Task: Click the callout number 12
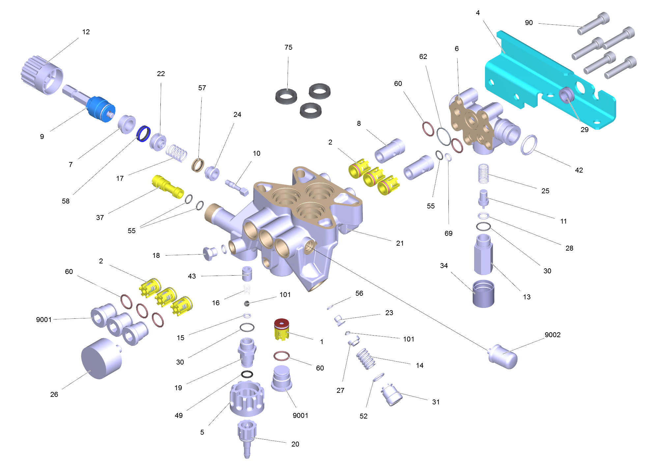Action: [86, 32]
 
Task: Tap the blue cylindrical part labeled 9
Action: [101, 109]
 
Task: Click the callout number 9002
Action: [553, 335]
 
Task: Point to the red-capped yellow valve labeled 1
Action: [281, 329]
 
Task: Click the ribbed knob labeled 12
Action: [42, 75]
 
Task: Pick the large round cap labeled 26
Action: [101, 359]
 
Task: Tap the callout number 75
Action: [288, 47]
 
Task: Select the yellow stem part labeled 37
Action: [167, 186]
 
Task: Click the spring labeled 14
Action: [366, 359]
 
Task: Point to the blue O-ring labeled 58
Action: [144, 134]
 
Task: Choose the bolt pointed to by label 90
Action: [593, 23]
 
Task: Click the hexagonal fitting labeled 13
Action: [483, 254]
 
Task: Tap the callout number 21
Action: [400, 243]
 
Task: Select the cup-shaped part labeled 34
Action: [483, 293]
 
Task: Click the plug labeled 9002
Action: [502, 357]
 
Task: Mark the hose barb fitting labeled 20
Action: [247, 439]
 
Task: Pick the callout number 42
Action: [579, 170]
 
